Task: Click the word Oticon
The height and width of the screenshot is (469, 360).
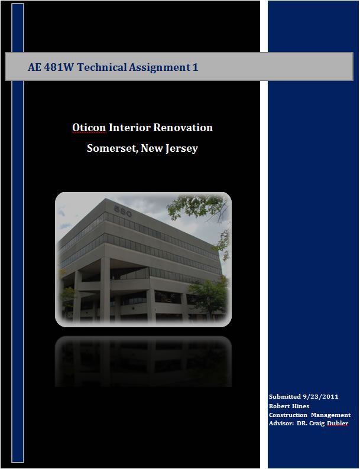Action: [x=89, y=128]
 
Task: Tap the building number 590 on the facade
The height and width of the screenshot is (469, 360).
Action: [x=123, y=211]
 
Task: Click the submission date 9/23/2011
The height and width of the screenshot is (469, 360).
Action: [x=320, y=396]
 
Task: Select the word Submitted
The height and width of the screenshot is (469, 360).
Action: [x=284, y=396]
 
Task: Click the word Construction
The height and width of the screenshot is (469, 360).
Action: [x=288, y=415]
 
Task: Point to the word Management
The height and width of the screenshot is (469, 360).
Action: [x=330, y=415]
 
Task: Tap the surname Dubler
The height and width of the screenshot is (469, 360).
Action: [x=338, y=424]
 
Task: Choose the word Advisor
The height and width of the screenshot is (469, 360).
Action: [x=281, y=424]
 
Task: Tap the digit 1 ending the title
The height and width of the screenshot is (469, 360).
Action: [x=196, y=67]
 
